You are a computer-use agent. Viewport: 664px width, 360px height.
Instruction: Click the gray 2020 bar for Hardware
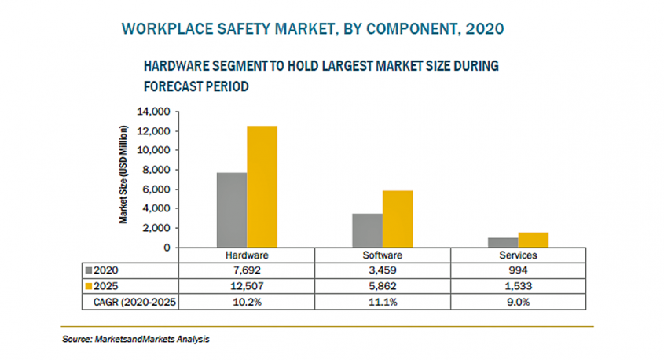point(232,210)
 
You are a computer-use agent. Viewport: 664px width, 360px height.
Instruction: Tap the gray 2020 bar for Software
point(367,230)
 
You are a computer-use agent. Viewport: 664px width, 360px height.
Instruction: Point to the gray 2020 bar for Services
point(503,242)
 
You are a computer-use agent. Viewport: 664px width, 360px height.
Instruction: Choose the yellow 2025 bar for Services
point(534,240)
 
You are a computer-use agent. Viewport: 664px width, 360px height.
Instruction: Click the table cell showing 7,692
point(248,269)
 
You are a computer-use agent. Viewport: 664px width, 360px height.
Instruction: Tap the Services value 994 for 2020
point(519,269)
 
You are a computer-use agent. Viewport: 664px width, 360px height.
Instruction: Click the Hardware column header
point(248,255)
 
